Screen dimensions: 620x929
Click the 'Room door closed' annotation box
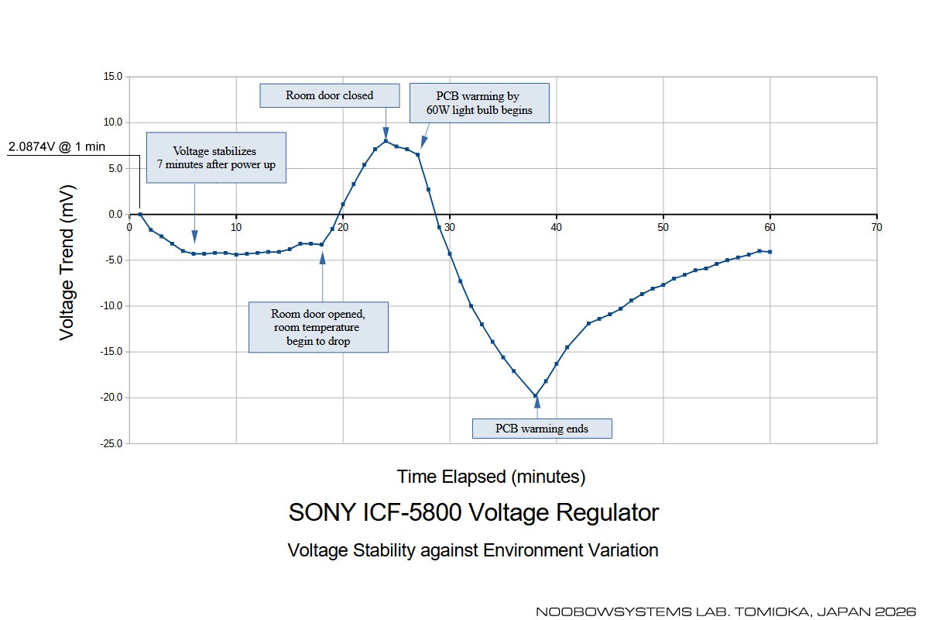click(329, 95)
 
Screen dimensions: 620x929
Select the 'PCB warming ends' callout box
click(542, 428)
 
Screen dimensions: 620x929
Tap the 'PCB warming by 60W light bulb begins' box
click(478, 103)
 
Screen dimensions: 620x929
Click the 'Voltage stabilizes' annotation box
click(216, 157)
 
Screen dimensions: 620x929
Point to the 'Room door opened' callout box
click(318, 327)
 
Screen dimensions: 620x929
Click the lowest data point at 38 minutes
click(535, 396)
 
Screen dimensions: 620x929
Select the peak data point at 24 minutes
click(386, 141)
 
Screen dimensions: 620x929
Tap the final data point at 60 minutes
click(770, 252)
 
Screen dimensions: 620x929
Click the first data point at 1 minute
click(140, 214)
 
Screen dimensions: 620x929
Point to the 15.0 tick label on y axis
click(113, 77)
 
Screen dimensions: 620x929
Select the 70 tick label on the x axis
click(876, 227)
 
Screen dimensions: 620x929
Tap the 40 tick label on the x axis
click(557, 227)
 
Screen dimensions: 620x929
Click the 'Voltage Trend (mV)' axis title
click(67, 261)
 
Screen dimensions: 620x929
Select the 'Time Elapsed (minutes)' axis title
click(491, 475)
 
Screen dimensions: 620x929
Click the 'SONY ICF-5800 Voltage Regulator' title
click(474, 512)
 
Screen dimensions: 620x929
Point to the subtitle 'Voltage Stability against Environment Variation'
click(472, 550)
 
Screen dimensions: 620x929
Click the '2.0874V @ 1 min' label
click(57, 146)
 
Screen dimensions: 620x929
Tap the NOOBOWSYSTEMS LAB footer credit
click(725, 611)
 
